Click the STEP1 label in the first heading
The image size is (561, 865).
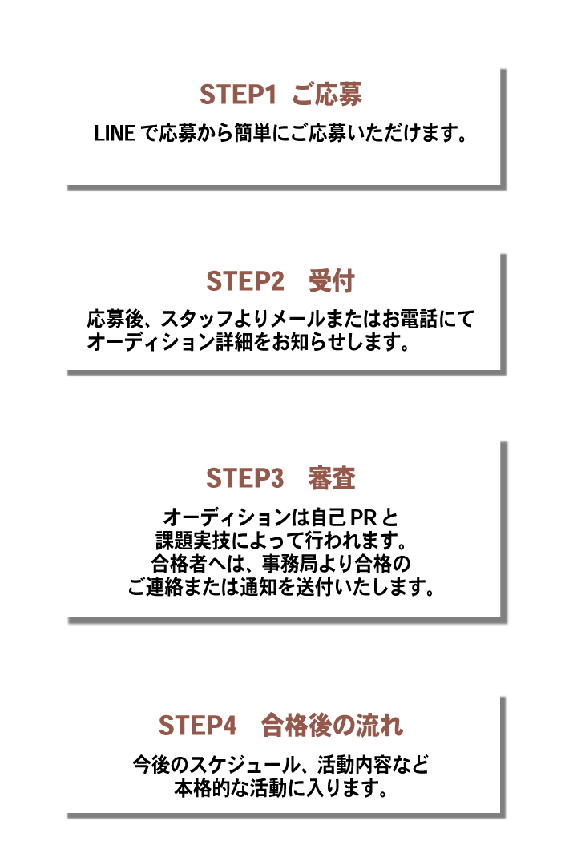point(237,95)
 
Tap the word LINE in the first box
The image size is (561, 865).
point(115,133)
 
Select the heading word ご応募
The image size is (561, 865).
point(327,95)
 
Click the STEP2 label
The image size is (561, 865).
point(244,281)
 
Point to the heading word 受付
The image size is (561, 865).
point(331,281)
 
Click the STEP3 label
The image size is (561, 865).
point(244,477)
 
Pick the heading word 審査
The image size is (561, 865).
point(331,477)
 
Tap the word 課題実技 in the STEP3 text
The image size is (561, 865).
point(192,541)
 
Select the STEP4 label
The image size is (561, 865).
point(198,725)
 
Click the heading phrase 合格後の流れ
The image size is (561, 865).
point(332,725)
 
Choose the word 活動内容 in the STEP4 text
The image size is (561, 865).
point(354,765)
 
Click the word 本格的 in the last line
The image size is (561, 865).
point(201,788)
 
